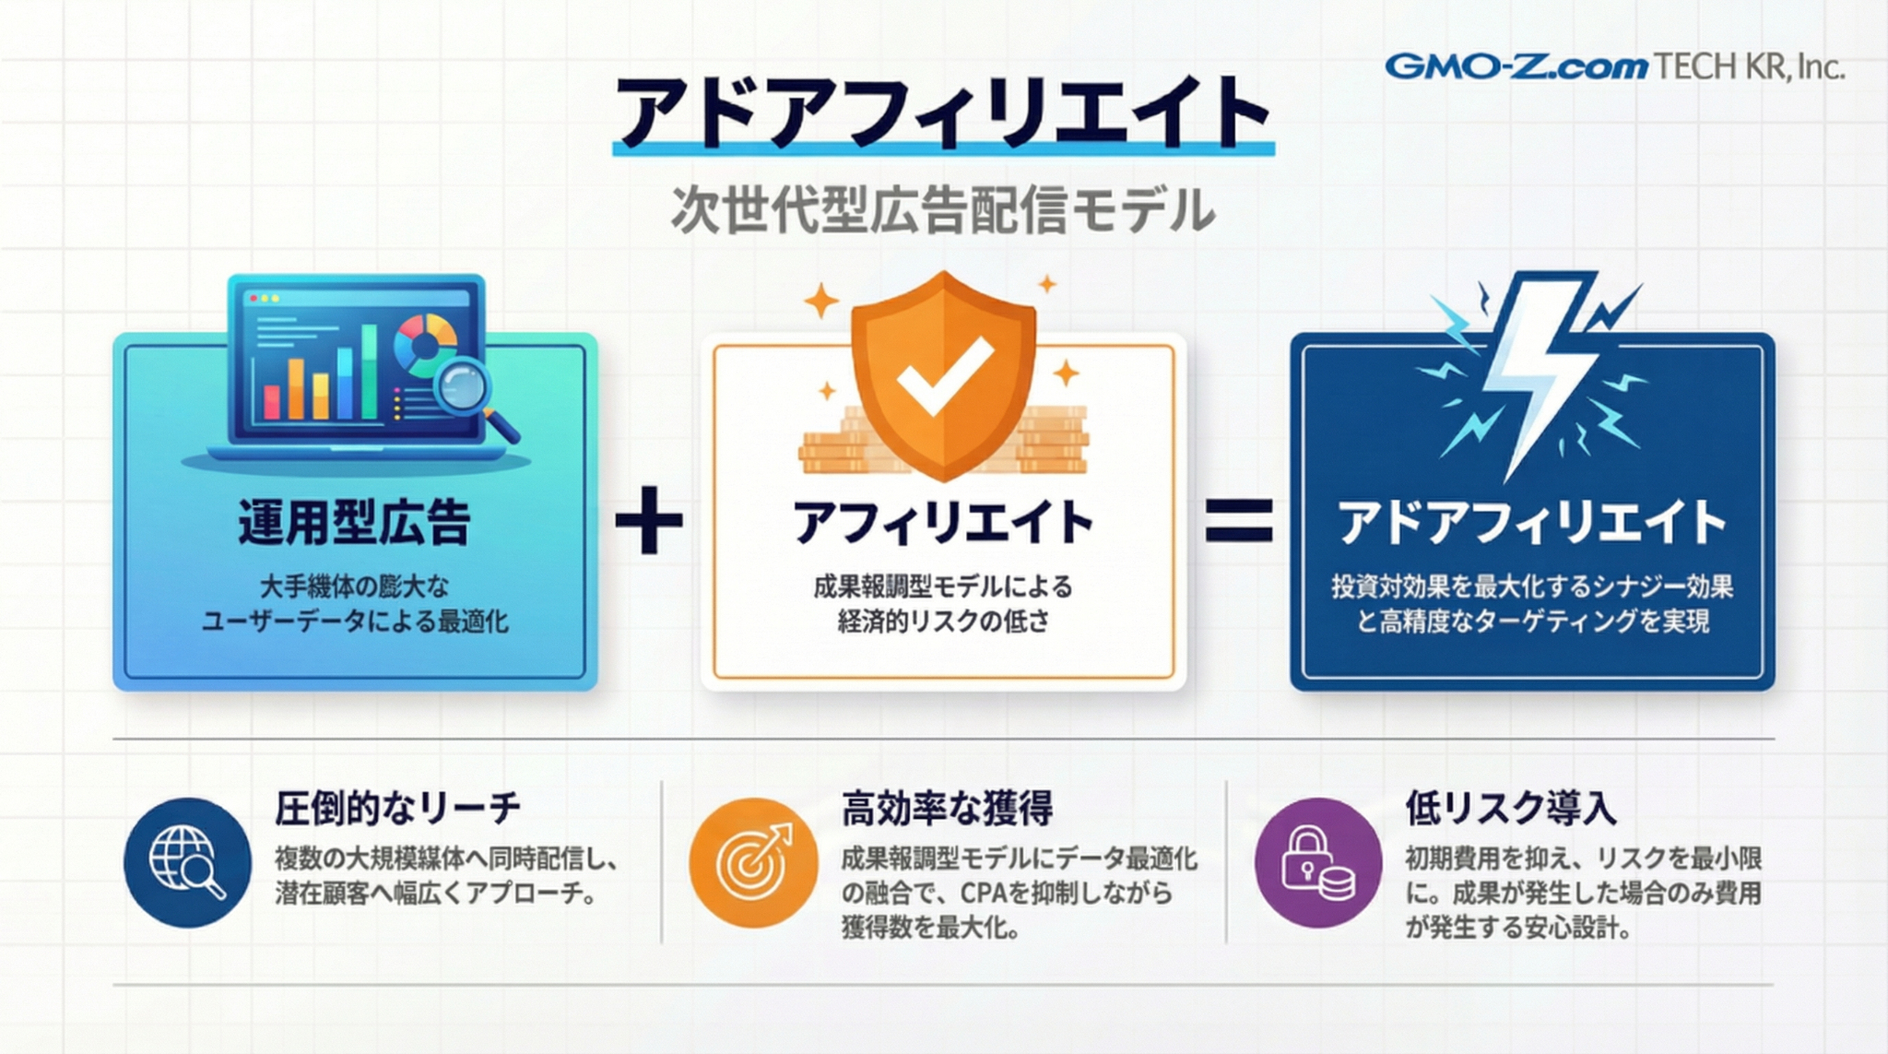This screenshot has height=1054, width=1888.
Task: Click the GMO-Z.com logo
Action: pos(1516,66)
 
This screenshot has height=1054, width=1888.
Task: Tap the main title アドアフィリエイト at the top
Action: pos(943,113)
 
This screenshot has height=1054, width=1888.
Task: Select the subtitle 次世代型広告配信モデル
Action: pos(943,210)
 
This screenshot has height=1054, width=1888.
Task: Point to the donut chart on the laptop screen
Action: pos(424,345)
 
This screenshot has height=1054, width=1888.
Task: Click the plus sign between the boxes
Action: pos(649,520)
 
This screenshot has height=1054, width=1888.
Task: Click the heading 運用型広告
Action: pos(355,522)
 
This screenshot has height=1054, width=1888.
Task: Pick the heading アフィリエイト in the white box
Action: pos(943,522)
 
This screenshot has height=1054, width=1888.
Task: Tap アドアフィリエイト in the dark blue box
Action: pos(1532,522)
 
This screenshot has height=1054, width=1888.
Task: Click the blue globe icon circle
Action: pos(188,862)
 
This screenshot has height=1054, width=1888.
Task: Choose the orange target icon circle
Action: pos(753,862)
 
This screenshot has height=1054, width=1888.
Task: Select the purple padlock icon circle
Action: pos(1319,862)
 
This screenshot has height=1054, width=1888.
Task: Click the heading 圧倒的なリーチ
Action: pos(397,809)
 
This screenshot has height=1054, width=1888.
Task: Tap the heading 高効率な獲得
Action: pos(947,809)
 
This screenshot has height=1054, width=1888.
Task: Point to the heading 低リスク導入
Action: pos(1511,809)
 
